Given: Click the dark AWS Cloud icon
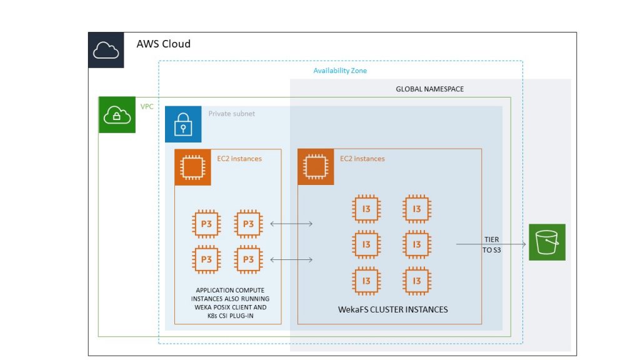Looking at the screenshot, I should click(x=106, y=50).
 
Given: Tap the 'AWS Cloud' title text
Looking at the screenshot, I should click(x=163, y=44).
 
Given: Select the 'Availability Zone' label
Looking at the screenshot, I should click(x=340, y=71).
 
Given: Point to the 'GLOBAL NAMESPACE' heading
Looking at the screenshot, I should click(x=430, y=89).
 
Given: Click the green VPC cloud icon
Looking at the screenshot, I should click(x=117, y=115).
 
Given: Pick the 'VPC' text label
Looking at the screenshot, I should click(x=147, y=107).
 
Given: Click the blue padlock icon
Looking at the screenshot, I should click(x=183, y=124).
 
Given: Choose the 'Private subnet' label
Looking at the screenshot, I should click(x=231, y=114).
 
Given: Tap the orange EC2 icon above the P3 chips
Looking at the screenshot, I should click(x=192, y=167).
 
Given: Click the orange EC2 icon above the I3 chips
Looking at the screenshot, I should click(x=316, y=167).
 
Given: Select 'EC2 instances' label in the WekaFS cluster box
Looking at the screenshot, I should click(x=362, y=159).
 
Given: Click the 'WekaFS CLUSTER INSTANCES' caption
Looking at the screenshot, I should click(x=393, y=309).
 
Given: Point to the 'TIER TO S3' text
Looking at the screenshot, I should click(x=491, y=244).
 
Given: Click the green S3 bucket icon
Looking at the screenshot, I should click(x=547, y=242).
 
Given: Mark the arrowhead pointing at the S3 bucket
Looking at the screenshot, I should click(x=522, y=244).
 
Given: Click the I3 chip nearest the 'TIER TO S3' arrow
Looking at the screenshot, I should click(x=417, y=244).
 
